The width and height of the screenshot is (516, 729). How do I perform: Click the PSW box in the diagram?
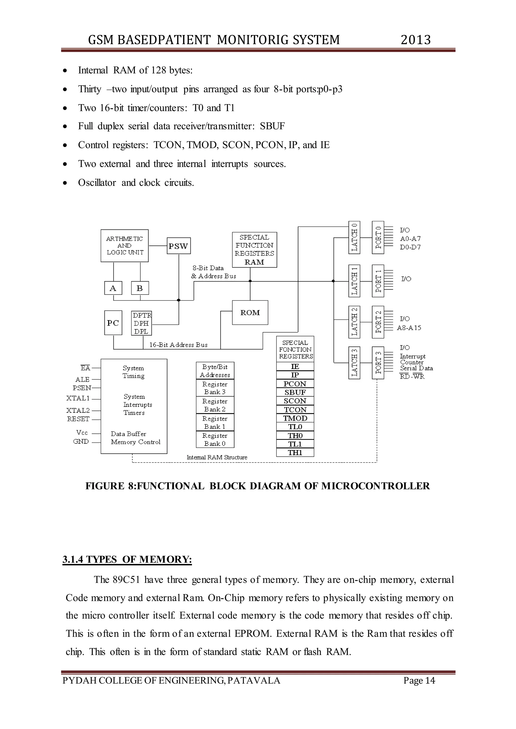pos(179,246)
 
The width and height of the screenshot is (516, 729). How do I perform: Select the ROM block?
pos(250,312)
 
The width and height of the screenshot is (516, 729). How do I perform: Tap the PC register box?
pos(113,323)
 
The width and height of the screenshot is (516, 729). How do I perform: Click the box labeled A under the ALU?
pos(113,288)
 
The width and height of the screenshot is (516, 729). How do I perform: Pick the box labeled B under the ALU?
pos(140,288)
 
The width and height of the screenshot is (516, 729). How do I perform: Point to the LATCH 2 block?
pos(354,322)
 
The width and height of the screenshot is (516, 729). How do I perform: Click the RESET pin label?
pos(78,419)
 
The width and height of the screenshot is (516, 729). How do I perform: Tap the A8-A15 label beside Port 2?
pos(409,328)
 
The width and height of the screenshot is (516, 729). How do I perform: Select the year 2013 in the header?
pos(415,40)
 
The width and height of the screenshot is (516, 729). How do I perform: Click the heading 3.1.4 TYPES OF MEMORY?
pos(127,559)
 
